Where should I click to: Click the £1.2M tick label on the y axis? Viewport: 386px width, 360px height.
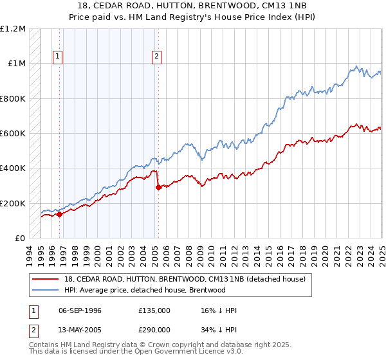(x=13, y=29)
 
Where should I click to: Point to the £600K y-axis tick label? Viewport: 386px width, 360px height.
(x=13, y=134)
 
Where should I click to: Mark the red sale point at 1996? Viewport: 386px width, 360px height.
(x=59, y=215)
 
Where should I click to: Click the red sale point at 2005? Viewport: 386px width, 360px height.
(x=158, y=188)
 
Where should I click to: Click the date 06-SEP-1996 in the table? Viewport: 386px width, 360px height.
(x=80, y=310)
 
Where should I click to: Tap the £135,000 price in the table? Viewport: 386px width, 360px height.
(x=154, y=310)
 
